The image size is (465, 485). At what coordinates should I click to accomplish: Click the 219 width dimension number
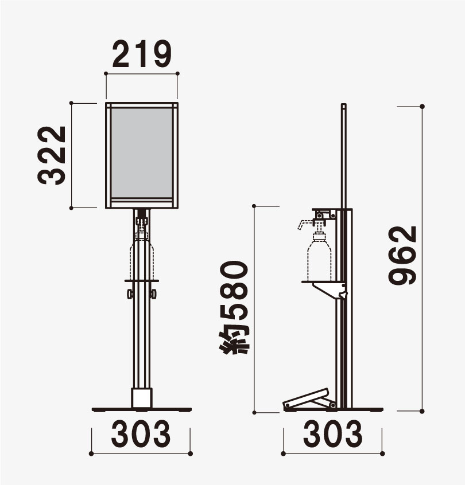pos(142,54)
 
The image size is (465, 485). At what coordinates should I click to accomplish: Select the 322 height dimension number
pos(52,155)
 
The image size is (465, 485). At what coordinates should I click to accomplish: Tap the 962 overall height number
pos(402,255)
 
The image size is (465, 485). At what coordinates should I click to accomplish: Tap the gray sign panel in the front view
pos(142,153)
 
